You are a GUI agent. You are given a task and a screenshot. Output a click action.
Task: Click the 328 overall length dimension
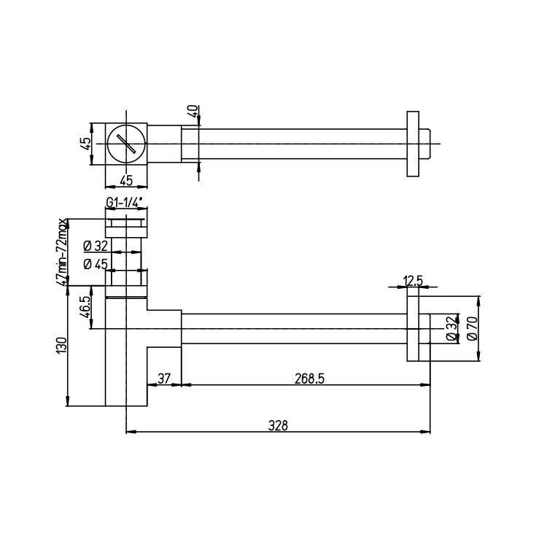point(278,426)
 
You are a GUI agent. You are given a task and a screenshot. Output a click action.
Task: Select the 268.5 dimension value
point(309,379)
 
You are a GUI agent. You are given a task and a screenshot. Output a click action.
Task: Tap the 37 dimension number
point(164,379)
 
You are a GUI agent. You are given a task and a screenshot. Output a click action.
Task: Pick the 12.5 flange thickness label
point(413,281)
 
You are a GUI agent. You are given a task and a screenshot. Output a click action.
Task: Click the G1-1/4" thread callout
point(125,203)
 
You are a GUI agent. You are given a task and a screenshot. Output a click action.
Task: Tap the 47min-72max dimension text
point(61,252)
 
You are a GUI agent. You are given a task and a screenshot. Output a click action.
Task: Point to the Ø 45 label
point(96,264)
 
